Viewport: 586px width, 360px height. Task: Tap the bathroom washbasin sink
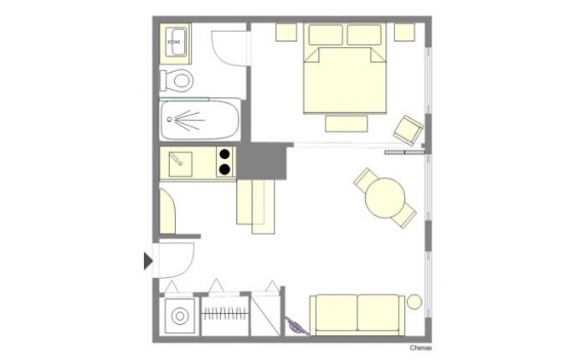176,42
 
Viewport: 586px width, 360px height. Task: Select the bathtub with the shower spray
199,119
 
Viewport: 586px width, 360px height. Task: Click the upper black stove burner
224,154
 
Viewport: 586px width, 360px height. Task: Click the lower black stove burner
224,169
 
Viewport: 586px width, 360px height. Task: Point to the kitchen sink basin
181,164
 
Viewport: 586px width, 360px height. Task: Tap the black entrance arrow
148,260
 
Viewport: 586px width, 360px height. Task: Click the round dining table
385,198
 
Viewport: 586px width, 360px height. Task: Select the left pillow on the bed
326,35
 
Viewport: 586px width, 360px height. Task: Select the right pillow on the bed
364,35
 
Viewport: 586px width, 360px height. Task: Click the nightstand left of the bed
286,32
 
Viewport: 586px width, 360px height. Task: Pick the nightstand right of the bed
404,32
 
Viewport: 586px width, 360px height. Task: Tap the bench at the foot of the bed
346,124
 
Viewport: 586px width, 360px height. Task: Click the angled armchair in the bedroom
409,131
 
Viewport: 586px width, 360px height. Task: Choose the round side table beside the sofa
414,301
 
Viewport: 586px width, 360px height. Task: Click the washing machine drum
180,316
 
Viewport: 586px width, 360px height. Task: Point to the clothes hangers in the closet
225,314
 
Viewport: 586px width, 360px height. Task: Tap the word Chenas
421,348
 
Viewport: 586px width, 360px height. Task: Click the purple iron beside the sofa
296,326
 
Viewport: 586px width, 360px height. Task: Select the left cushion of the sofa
337,312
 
